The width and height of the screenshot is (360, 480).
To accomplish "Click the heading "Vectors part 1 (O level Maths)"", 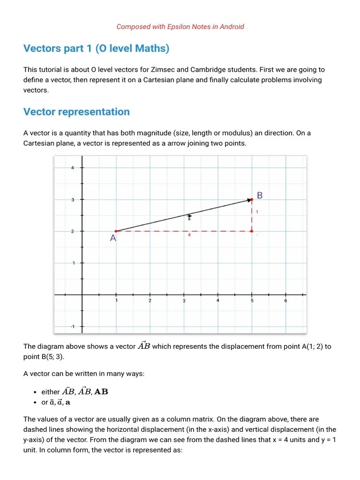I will click(x=96, y=48).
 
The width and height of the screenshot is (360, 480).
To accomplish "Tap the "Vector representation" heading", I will click(x=76, y=112).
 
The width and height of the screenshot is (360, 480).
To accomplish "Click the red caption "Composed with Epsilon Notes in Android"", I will click(x=180, y=27).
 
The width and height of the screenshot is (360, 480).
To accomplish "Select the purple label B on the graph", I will click(x=260, y=195).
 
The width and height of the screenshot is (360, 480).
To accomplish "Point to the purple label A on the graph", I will click(x=113, y=238).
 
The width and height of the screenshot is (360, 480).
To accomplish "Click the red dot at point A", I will click(x=116, y=231).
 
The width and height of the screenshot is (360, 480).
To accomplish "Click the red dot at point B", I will click(x=252, y=200).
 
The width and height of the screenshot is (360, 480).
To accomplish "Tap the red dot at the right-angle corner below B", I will click(x=252, y=231).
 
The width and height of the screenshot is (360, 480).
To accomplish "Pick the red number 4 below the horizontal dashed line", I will click(x=189, y=235).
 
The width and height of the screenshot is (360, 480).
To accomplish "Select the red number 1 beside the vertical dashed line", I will click(x=257, y=212).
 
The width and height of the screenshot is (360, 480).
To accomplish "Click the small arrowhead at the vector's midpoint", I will click(x=189, y=216).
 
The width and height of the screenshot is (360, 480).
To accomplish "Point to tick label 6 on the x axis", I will click(x=285, y=301).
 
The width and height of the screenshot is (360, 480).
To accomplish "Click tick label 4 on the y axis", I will click(x=72, y=168).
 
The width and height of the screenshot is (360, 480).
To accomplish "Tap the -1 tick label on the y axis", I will click(x=72, y=327).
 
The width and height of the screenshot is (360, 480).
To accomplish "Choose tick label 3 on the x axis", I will click(x=184, y=301).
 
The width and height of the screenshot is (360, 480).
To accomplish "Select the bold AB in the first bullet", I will click(x=101, y=391).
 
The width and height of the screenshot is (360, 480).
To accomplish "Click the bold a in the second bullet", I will click(x=68, y=402).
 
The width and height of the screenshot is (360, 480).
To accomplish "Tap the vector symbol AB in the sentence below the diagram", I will click(x=144, y=346).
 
